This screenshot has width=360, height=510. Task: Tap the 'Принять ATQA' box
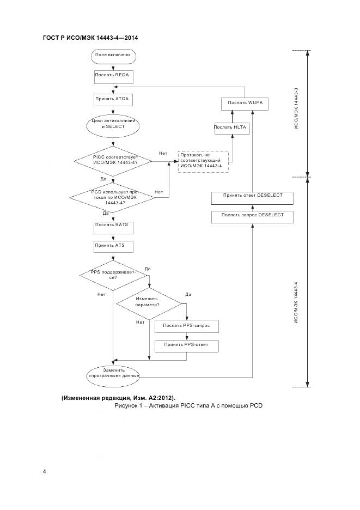(x=112, y=100)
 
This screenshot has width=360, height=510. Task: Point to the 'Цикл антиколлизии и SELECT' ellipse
(x=112, y=124)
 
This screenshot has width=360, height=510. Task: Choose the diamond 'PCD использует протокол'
(x=113, y=198)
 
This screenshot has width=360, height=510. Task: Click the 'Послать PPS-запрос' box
(x=186, y=326)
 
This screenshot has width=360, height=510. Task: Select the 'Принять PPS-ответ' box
(x=186, y=345)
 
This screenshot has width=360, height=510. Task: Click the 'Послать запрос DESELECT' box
(x=252, y=216)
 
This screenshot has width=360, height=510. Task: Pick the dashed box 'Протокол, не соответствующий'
(x=203, y=161)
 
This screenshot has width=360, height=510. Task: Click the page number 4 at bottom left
(x=45, y=471)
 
